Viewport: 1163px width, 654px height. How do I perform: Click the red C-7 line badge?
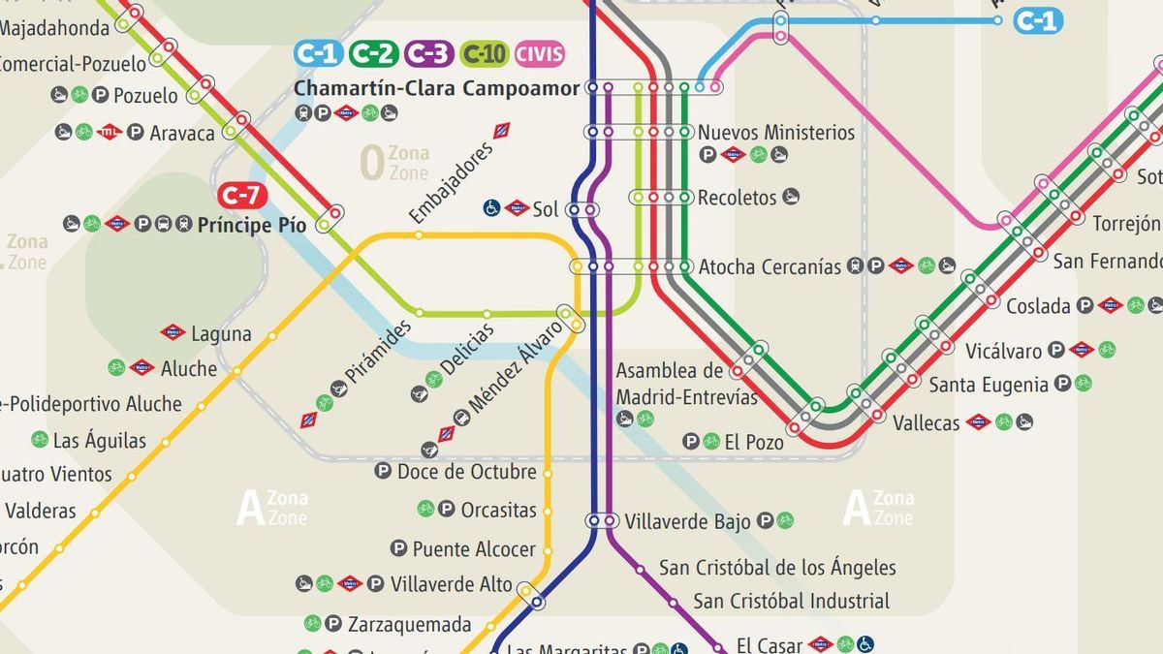point(241,196)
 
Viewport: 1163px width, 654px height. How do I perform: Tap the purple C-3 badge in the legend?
point(428,53)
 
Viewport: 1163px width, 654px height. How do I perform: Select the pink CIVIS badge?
point(539,53)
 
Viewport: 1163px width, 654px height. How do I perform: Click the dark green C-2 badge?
point(373,53)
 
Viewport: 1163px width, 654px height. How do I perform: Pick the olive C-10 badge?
point(485,53)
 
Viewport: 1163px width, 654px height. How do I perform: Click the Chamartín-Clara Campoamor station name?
point(436,88)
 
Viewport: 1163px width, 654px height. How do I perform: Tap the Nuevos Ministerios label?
point(776,132)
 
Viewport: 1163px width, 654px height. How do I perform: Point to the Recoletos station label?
point(737,197)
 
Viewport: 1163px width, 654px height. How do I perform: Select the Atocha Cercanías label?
point(770,266)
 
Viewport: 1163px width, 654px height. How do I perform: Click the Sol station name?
point(546,208)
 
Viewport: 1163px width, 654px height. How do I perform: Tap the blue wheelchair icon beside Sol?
point(492,207)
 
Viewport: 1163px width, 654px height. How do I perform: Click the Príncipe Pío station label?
point(252,225)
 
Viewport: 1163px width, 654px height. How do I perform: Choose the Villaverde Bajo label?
point(687,521)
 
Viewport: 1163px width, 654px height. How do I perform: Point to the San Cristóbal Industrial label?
point(791,601)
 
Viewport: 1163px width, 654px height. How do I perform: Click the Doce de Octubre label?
point(466,472)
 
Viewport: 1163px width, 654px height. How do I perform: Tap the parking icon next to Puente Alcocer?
point(398,549)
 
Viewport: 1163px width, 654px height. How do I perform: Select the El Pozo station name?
point(753,442)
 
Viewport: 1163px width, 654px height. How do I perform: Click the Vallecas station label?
point(926,422)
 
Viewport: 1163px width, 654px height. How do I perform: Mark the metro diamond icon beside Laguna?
point(173,333)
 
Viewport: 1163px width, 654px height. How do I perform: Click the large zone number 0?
point(371,164)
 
